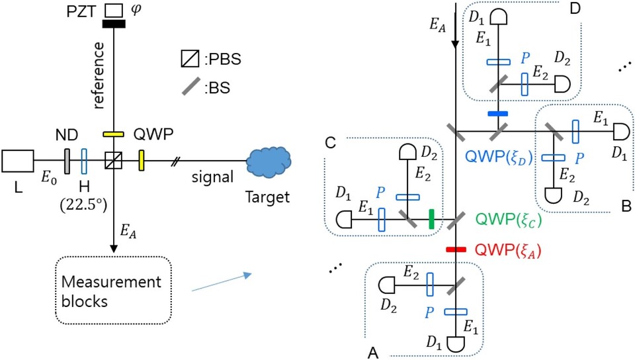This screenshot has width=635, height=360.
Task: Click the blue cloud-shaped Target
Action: tap(269, 160)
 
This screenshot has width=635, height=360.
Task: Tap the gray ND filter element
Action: tap(67, 160)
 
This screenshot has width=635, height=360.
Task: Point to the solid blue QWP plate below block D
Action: tap(497, 114)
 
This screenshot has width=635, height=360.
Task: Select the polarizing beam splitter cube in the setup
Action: tap(114, 160)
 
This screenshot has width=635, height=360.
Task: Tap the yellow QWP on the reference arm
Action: tap(114, 134)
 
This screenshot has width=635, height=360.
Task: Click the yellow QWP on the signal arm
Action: tap(141, 160)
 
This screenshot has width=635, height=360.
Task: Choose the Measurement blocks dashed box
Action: tap(114, 285)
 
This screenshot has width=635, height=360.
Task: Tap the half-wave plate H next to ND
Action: tap(84, 160)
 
